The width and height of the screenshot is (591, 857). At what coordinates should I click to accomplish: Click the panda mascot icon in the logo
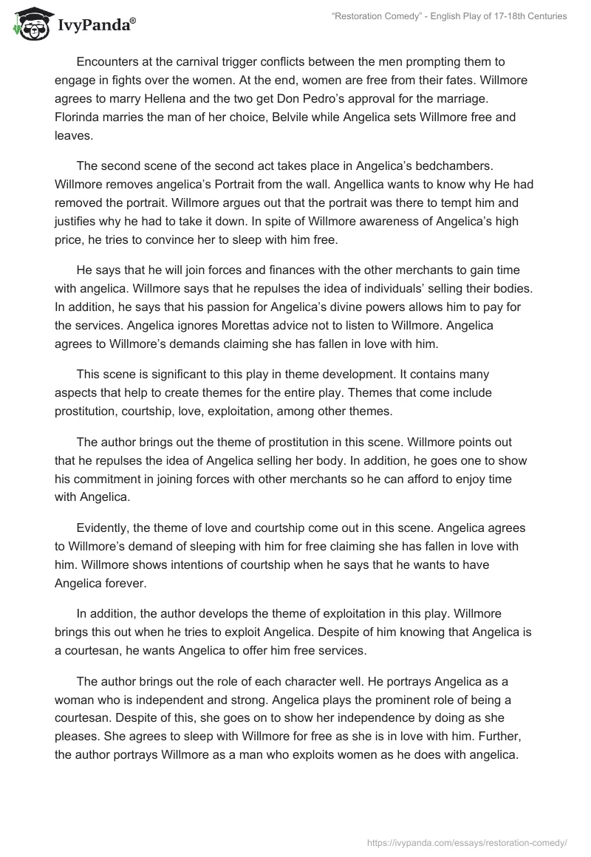click(27, 24)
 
